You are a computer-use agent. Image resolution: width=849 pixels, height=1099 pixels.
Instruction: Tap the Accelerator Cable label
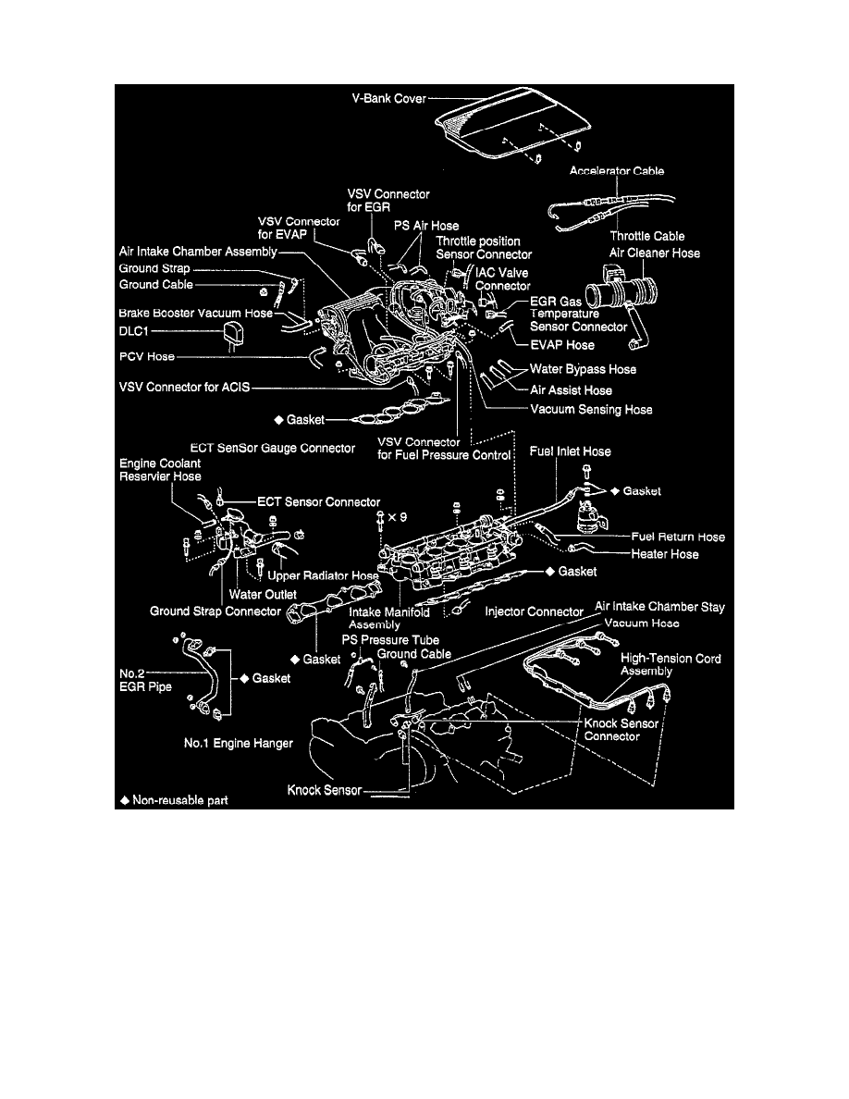tap(617, 171)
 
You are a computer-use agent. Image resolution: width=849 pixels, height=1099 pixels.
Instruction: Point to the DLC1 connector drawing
tap(232, 334)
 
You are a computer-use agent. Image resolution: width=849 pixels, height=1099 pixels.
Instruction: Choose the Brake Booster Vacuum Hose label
tap(195, 314)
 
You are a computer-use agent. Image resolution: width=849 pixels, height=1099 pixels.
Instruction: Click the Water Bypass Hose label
tap(584, 369)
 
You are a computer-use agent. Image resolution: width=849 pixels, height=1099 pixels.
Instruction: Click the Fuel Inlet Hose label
tap(571, 451)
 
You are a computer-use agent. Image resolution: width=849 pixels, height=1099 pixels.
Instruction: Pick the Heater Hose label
tap(665, 554)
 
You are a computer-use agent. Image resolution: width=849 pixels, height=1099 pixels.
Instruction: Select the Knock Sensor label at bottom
tap(324, 791)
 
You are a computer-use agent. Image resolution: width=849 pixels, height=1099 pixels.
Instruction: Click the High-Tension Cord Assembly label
tap(671, 665)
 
